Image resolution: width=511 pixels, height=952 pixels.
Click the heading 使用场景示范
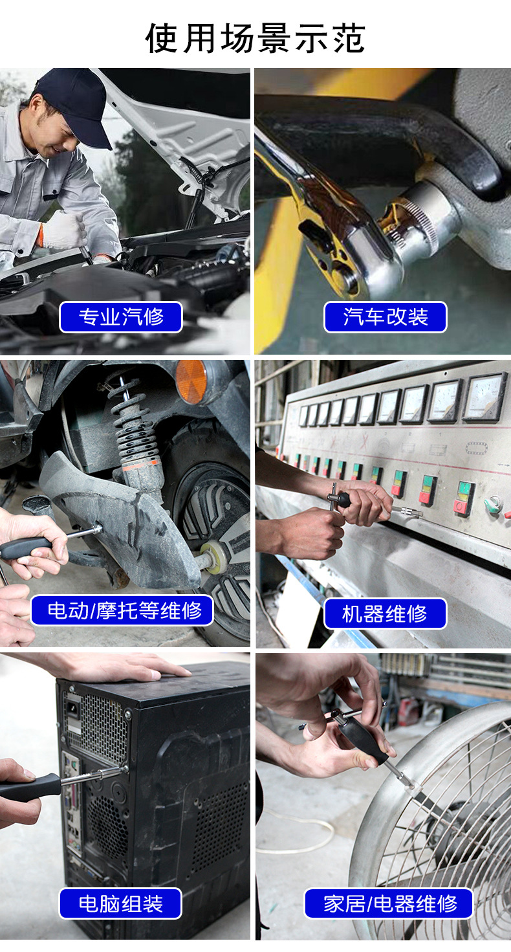(255, 38)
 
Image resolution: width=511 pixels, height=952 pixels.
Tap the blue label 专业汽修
(121, 317)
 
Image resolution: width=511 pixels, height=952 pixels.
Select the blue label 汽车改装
(386, 317)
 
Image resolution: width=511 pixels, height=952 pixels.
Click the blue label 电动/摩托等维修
(122, 610)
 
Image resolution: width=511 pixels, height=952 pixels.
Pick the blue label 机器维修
(386, 614)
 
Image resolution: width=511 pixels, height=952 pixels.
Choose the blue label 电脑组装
(121, 903)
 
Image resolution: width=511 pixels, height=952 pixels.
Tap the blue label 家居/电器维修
(389, 903)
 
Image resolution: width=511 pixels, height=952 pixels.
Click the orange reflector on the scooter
(191, 381)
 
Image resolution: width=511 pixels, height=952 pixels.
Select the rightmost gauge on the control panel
(484, 397)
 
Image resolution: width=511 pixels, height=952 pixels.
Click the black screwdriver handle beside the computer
(30, 786)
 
